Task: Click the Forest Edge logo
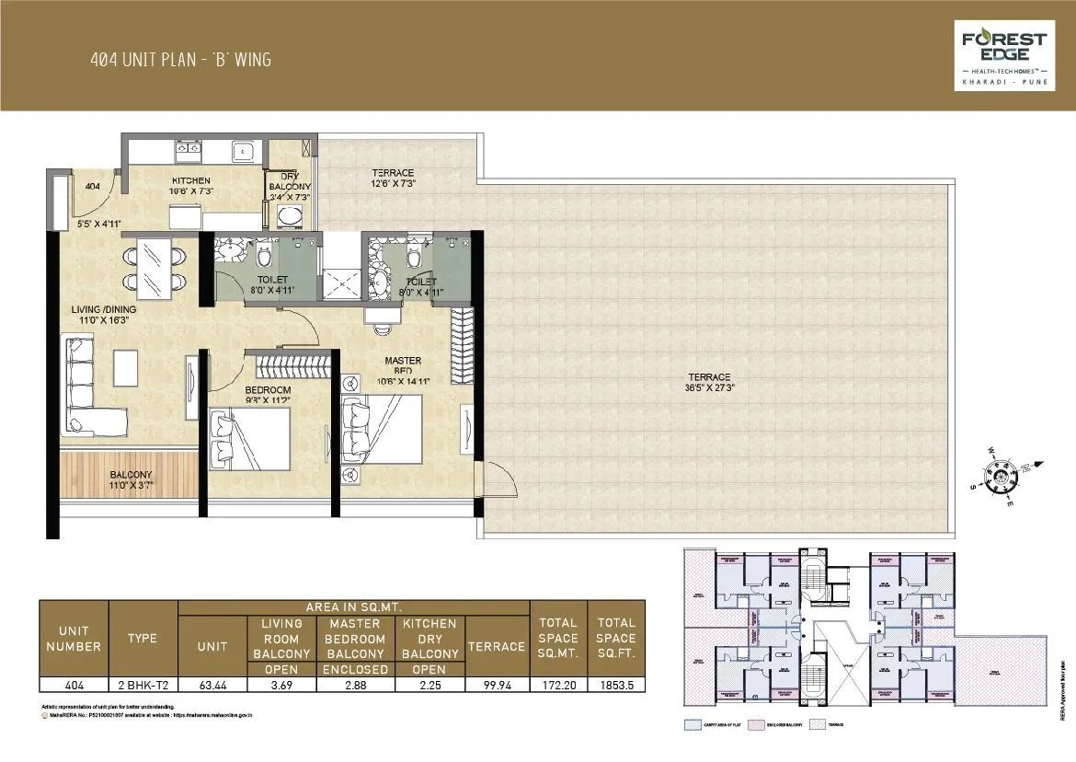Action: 1003,54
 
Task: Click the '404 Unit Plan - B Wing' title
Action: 180,61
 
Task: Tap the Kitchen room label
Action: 191,180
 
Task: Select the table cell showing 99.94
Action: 496,684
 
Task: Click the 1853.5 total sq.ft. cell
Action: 615,684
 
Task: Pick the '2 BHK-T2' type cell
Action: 142,684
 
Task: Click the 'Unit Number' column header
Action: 74,638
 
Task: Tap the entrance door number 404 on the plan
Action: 92,186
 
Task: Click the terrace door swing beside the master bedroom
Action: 496,480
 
